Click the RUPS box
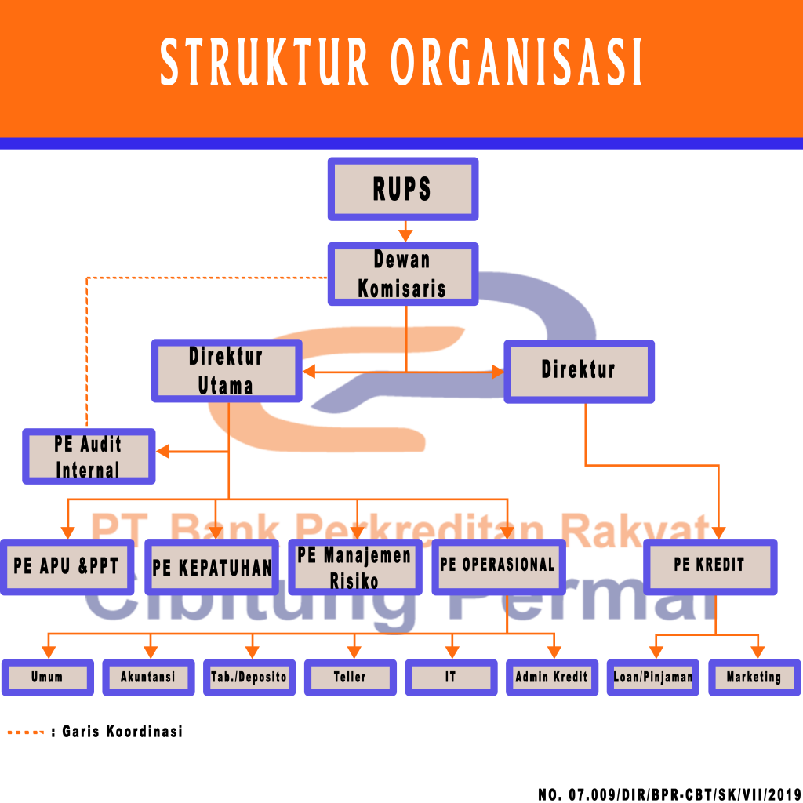pos(402,189)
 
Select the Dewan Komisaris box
pos(402,274)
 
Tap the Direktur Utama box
pos(226,371)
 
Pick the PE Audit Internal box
pos(89,456)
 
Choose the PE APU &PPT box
pos(67,566)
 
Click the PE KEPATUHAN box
pos(212,567)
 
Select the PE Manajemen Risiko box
pos(355,567)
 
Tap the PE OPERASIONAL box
pos(498,566)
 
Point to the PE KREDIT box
pos(710,565)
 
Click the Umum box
pos(48,677)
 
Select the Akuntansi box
pos(148,677)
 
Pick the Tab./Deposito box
pos(249,677)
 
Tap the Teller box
pos(350,677)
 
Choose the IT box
pos(451,677)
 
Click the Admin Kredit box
pos(551,677)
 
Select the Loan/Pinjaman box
pos(653,677)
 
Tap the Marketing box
pos(754,677)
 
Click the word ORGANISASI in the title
pos(516,63)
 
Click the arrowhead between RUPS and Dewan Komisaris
pos(405,235)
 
